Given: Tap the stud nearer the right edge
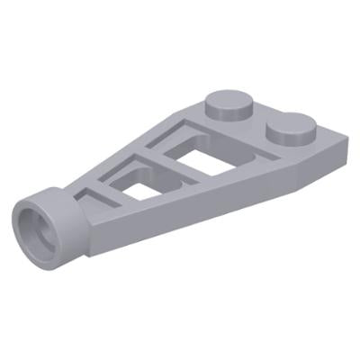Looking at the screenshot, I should (292, 135).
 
